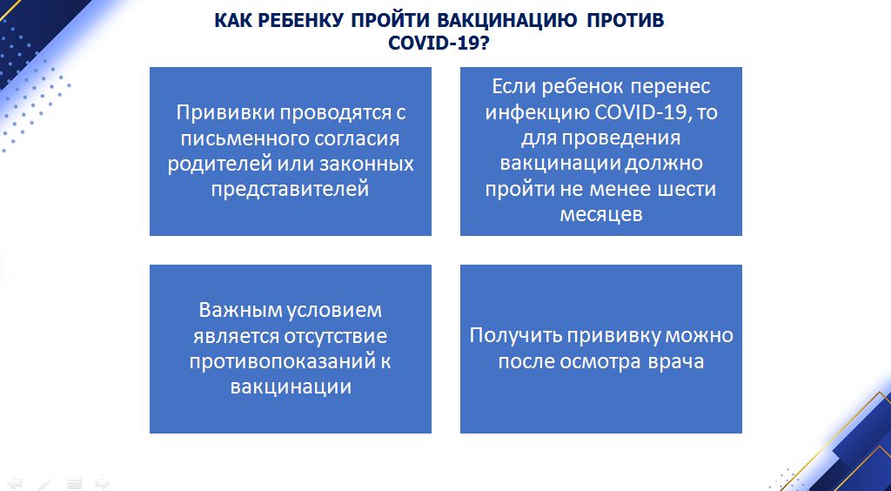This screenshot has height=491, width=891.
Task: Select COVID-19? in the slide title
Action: click(439, 43)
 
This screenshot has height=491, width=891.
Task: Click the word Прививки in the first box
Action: click(225, 112)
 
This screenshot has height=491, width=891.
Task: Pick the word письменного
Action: click(245, 138)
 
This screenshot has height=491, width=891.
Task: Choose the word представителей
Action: click(291, 189)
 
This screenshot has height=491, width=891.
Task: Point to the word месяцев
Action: click(601, 215)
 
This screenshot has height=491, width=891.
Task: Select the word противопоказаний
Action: click(280, 361)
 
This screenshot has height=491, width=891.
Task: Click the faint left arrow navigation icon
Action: click(15, 482)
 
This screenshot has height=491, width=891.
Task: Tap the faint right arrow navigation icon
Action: click(103, 482)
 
